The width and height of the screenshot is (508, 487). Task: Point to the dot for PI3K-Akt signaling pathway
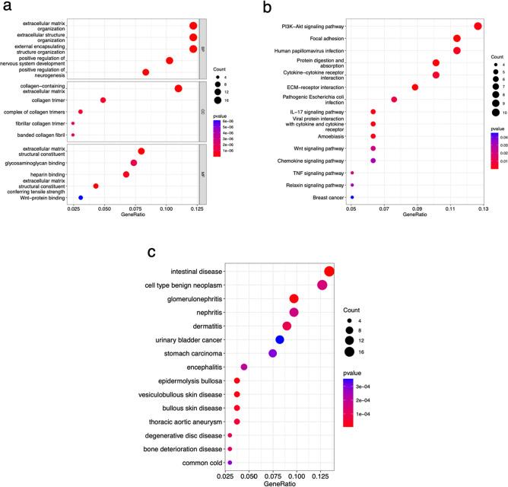tap(478, 27)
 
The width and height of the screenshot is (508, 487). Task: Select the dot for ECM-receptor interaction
tap(415, 88)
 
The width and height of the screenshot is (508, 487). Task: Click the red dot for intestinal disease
tap(329, 272)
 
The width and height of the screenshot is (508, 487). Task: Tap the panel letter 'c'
tap(152, 252)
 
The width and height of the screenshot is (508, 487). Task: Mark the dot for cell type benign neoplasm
tap(322, 285)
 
